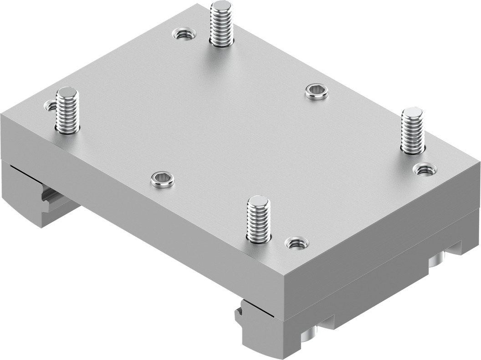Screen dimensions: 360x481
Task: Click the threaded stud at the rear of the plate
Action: click(221, 25)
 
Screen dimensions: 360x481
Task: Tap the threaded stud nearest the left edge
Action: click(67, 112)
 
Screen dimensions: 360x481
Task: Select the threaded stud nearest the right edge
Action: click(412, 132)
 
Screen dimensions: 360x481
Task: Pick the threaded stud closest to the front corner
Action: click(258, 221)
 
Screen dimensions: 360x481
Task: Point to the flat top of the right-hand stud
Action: click(413, 112)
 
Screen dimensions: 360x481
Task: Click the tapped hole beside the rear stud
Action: click(184, 34)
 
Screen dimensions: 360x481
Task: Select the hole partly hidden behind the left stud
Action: click(51, 106)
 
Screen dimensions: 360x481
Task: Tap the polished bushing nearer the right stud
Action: click(317, 91)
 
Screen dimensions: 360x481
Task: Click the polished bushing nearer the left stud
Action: click(163, 179)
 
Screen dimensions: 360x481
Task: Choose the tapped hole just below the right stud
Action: click(425, 170)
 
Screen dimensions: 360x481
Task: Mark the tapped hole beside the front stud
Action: click(297, 243)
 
